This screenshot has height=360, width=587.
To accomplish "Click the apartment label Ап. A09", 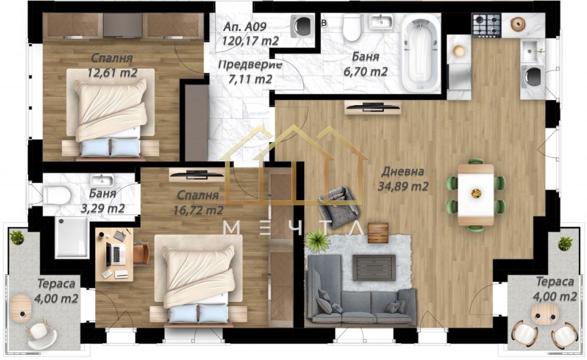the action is (x=245, y=26).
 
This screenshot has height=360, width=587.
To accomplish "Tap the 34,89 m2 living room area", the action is (x=403, y=186).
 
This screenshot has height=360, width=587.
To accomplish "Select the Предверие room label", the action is (x=249, y=65).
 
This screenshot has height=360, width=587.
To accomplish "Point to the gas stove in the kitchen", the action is (x=486, y=25).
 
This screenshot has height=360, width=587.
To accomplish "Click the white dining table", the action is (x=476, y=195).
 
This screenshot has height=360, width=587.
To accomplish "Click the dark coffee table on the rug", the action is (x=374, y=267).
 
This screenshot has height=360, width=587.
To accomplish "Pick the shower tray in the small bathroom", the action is (x=72, y=237).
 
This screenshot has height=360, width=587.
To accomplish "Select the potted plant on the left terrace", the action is (x=16, y=237).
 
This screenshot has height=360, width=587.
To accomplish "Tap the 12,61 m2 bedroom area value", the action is (x=112, y=73).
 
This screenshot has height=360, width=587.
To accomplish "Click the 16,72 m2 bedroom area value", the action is (x=198, y=210).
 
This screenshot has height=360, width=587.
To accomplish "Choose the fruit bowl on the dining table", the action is (x=476, y=193).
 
